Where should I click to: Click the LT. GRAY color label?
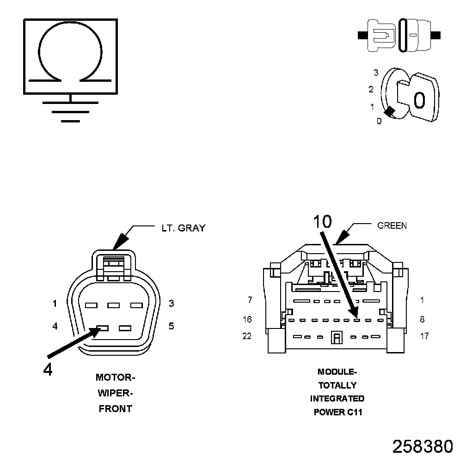click(x=183, y=228)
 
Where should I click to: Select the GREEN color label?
click(x=392, y=226)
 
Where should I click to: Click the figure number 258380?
click(x=423, y=446)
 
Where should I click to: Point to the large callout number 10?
click(x=322, y=222)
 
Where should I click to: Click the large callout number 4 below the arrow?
click(x=48, y=369)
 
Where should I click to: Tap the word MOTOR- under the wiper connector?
click(x=115, y=377)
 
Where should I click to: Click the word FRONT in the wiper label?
click(x=115, y=409)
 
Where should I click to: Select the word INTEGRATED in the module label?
click(x=337, y=399)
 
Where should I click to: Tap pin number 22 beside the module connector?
click(x=247, y=336)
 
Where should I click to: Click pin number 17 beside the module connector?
click(x=424, y=336)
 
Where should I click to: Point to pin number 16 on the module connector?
click(x=247, y=319)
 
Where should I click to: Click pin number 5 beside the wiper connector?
click(x=171, y=326)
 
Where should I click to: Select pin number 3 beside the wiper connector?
click(x=171, y=304)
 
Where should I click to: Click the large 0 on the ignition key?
click(x=419, y=100)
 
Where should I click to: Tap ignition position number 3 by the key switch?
click(x=376, y=73)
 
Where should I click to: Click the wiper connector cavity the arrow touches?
click(x=103, y=328)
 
